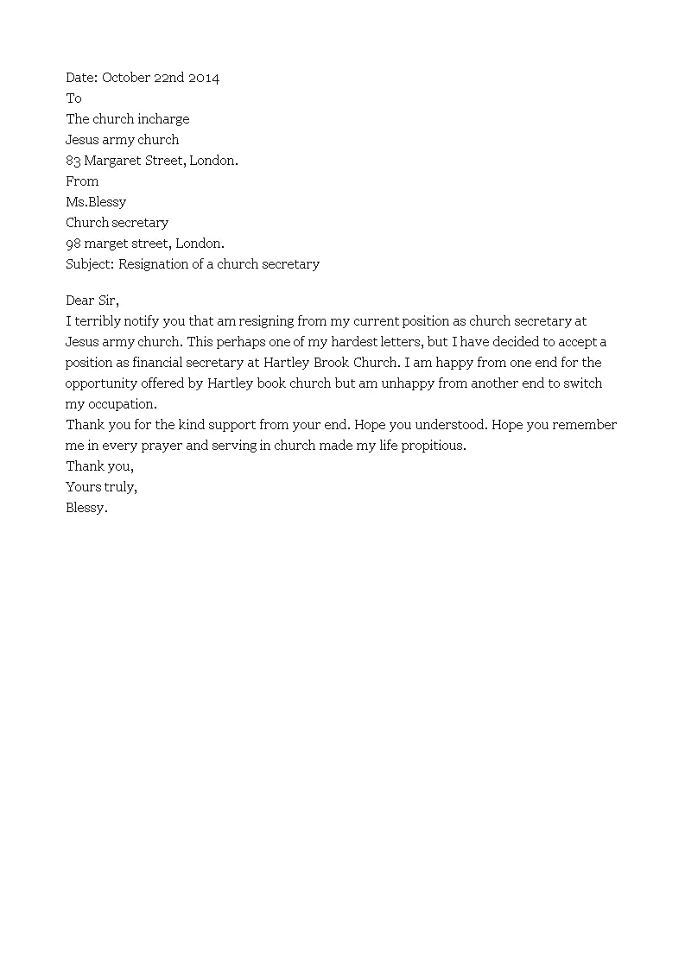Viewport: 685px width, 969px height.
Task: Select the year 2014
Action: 205,78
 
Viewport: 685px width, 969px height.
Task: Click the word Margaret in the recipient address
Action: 113,161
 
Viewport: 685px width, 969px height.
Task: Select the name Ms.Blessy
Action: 96,202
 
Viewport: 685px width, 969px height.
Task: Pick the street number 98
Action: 73,244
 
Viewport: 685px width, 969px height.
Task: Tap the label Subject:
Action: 90,264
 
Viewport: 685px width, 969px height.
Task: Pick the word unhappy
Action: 409,383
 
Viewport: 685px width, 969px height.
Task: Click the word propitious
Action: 430,446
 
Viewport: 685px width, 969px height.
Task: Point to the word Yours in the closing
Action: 83,487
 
